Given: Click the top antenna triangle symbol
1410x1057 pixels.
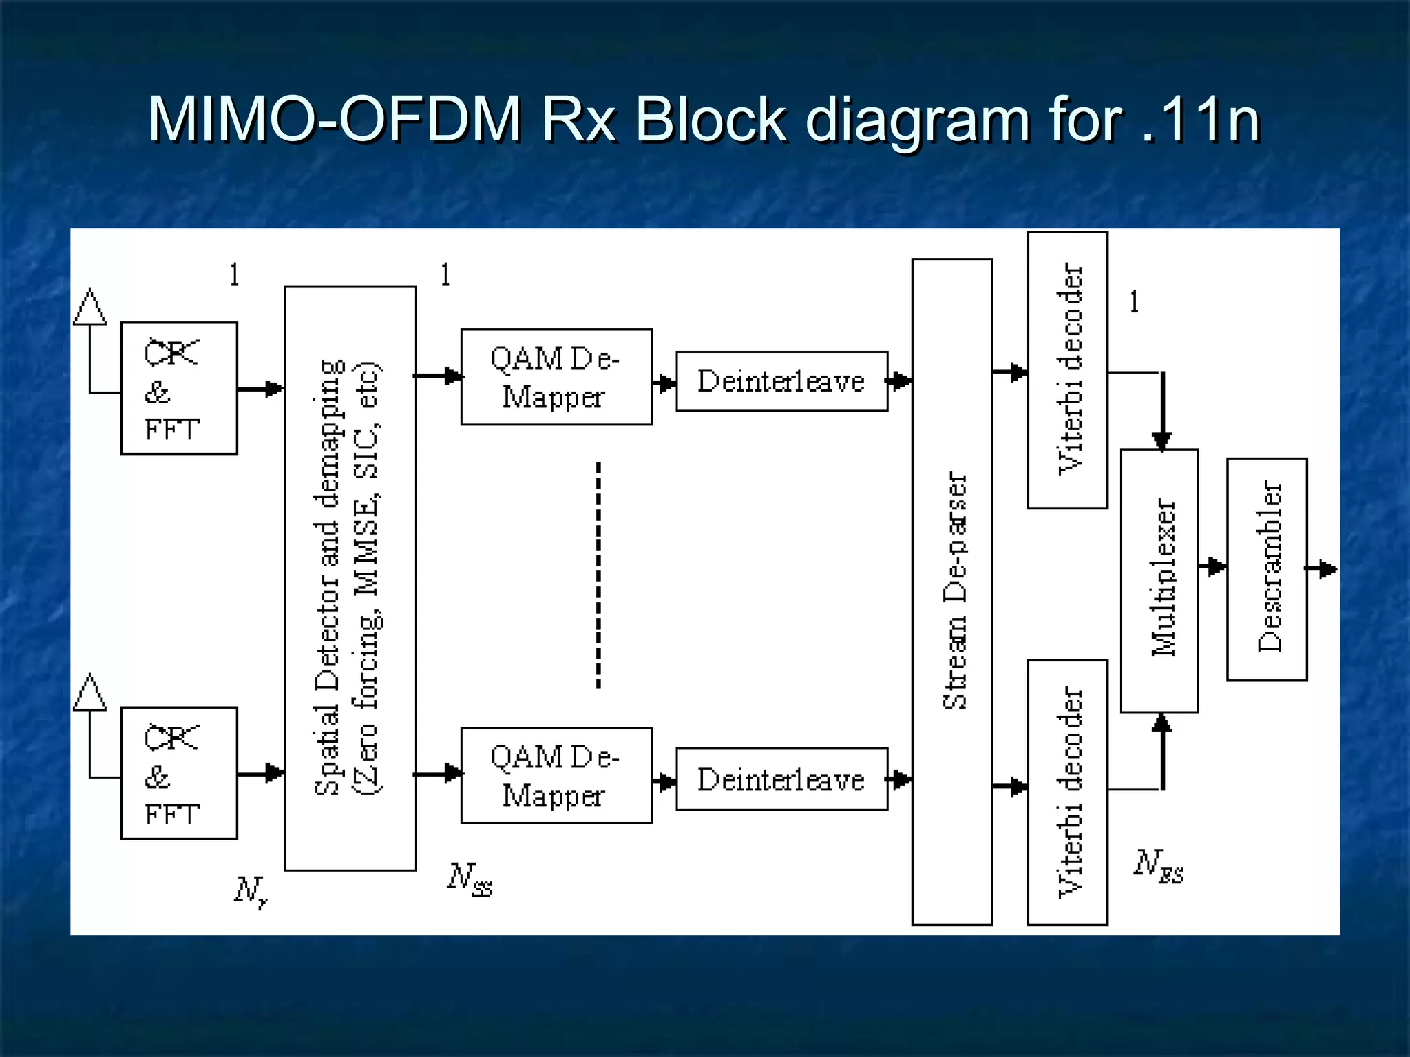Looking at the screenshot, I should (x=90, y=307).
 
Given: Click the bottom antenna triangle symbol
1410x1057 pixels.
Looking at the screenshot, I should (x=90, y=692).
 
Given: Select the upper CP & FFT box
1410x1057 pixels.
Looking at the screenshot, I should (x=179, y=388).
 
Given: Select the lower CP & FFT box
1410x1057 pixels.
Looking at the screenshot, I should (x=179, y=773).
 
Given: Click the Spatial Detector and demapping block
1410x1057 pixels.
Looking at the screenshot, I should (x=350, y=578).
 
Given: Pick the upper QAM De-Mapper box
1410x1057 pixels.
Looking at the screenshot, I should (x=556, y=377).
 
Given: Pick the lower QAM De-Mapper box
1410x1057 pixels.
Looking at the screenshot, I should (x=556, y=776).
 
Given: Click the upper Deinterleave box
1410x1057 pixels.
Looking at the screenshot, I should (x=781, y=381).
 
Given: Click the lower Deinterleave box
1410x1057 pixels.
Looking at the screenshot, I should (x=781, y=779).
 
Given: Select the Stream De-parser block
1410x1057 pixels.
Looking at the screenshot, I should (x=952, y=592).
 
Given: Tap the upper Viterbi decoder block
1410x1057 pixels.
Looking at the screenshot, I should (x=1067, y=370).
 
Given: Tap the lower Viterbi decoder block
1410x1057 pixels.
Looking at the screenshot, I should (x=1067, y=792).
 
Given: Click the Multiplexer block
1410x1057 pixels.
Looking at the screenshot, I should (x=1159, y=580).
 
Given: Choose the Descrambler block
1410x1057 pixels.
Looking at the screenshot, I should (x=1267, y=569).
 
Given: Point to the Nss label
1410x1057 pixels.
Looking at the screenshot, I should (x=470, y=879).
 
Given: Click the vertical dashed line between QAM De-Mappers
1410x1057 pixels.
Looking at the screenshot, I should (x=598, y=575).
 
